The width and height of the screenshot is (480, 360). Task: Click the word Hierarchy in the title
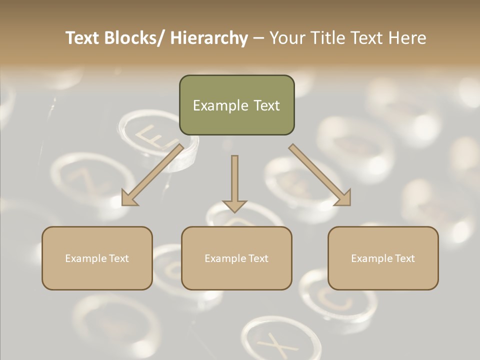209,38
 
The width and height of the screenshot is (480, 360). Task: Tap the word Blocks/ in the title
134,38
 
